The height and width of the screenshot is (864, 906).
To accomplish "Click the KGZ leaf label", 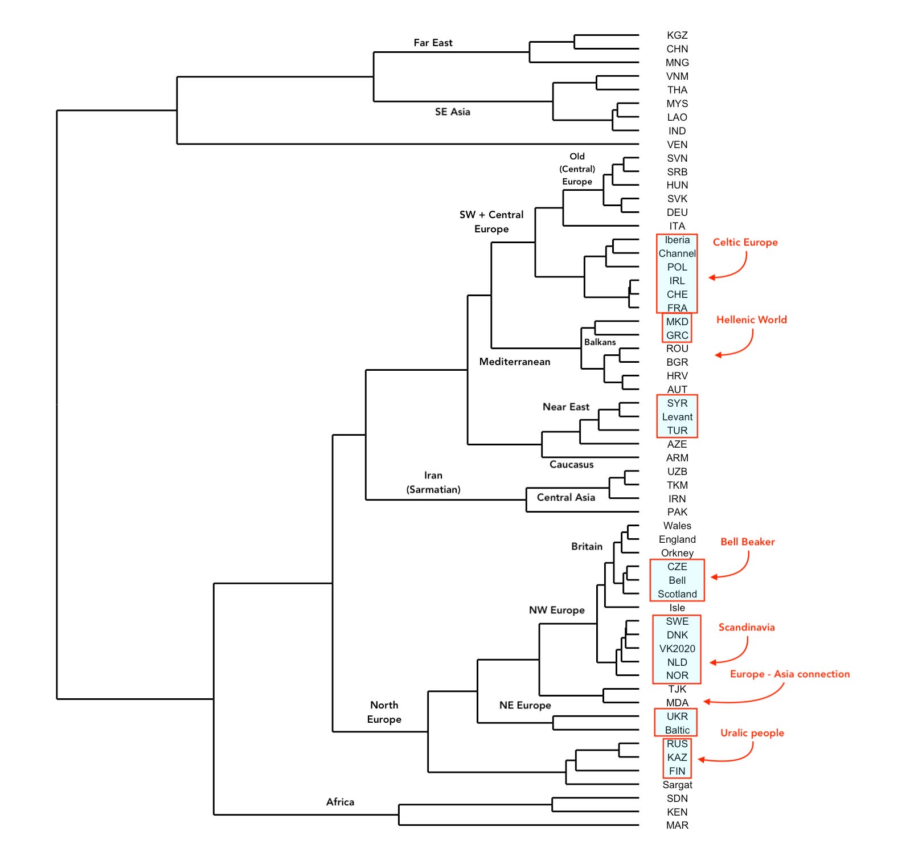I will [677, 35].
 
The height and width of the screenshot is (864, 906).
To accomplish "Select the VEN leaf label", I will [677, 145].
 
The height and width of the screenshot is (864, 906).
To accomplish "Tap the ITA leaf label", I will [677, 226].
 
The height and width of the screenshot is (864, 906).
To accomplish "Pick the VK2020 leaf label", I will [677, 649].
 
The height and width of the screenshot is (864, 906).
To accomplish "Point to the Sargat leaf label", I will [677, 785].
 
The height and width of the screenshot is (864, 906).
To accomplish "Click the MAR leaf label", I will [677, 825].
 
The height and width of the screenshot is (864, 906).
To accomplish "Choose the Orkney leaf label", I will [677, 553].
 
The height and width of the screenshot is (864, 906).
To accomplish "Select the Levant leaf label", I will [677, 417].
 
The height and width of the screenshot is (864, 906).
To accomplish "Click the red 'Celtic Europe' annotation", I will [745, 242].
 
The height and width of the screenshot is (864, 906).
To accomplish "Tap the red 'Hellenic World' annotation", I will [751, 320].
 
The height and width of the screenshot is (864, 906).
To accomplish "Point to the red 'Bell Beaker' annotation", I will [747, 542].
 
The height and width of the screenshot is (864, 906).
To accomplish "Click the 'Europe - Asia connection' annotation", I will [789, 674].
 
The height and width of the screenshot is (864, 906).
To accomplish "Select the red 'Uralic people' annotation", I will [752, 733].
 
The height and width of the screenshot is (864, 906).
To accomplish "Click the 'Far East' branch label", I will [433, 43].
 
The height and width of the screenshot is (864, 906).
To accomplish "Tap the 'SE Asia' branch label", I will [452, 112].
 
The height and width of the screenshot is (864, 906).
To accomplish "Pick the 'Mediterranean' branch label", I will [514, 362].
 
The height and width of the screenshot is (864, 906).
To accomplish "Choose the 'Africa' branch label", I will [340, 802].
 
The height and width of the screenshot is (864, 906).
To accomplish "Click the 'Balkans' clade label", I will [600, 342].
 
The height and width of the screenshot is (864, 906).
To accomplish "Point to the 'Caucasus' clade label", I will [571, 465].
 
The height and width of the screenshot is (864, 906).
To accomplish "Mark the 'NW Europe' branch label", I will [556, 610].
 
